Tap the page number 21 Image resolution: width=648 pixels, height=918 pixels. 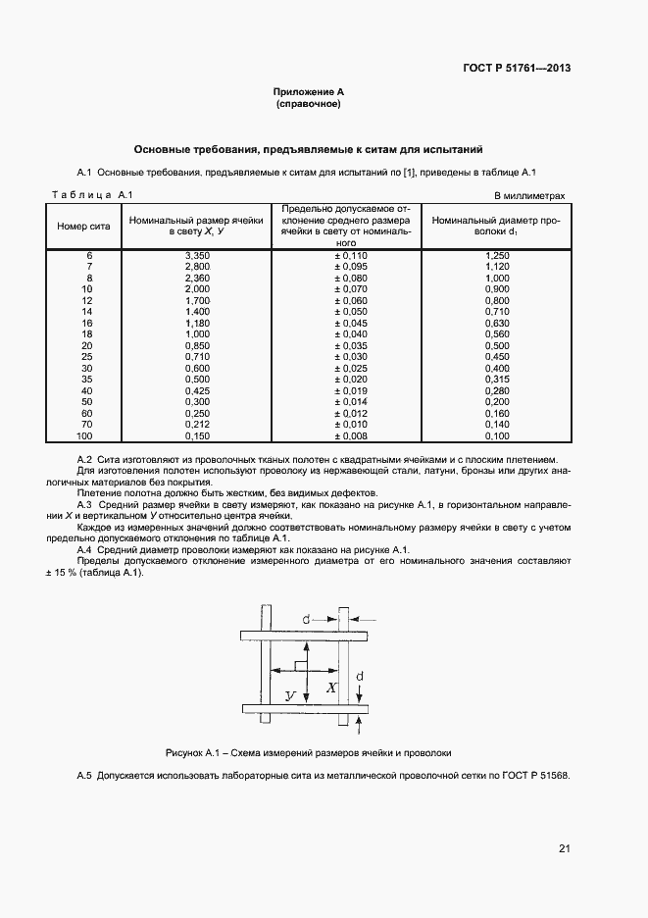pos(564,848)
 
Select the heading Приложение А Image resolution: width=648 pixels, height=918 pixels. pos(308,91)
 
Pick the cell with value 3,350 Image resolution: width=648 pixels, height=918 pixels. pos(197,255)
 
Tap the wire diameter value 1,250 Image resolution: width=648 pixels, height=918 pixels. pos(497,255)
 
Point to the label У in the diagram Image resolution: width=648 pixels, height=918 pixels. pos(290,694)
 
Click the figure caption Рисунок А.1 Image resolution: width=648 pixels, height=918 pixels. pos(308,753)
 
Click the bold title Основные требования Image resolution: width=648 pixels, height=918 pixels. pos(308,150)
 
